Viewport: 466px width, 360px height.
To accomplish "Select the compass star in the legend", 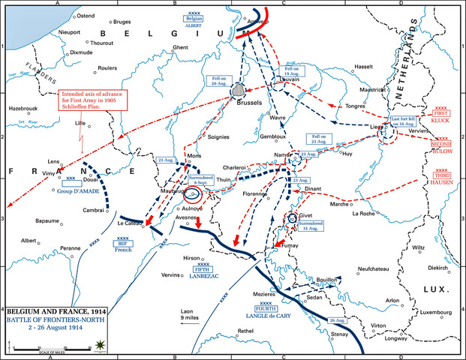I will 100,345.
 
